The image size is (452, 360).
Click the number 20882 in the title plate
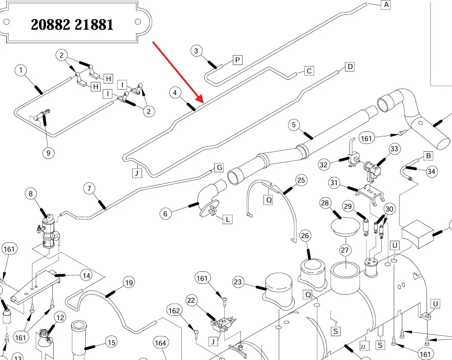tap(50, 24)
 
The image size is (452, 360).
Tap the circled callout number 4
tap(175, 93)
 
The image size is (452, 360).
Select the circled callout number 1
tap(21, 70)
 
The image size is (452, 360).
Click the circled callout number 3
tap(196, 51)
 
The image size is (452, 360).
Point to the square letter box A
tap(386, 5)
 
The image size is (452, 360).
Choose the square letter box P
tap(237, 60)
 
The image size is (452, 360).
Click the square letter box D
tap(350, 67)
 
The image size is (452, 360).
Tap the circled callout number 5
tap(294, 125)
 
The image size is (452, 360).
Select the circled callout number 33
tap(394, 149)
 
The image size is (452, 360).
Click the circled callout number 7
tap(89, 189)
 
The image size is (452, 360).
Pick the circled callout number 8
tap(31, 194)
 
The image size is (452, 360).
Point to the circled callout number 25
tap(301, 180)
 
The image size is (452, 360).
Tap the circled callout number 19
tap(129, 283)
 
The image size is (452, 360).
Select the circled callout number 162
tap(174, 311)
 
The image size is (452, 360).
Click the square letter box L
tap(227, 219)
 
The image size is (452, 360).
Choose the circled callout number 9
tap(49, 153)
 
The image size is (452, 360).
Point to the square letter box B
tap(428, 156)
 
